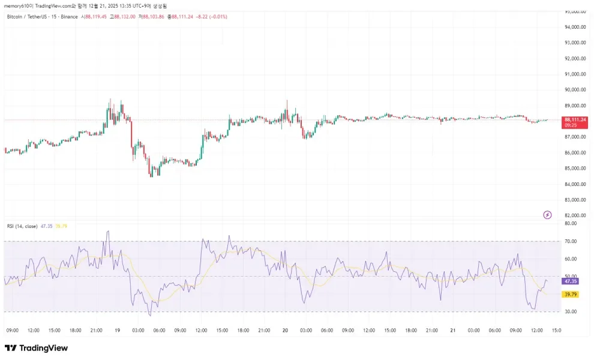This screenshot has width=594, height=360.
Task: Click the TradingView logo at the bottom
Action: [x=36, y=348]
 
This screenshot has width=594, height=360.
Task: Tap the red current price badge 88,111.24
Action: [x=575, y=120]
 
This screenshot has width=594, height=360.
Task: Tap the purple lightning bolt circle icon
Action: [x=547, y=215]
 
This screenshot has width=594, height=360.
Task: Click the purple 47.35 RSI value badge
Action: [x=571, y=281]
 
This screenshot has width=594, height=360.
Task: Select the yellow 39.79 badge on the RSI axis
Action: [x=571, y=295]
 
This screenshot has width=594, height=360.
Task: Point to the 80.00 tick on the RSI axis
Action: [x=571, y=223]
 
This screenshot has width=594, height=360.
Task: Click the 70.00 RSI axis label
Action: [x=571, y=241]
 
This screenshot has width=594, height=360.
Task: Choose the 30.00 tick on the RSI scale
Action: [x=571, y=312]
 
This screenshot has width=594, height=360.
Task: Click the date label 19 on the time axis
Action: [x=118, y=330]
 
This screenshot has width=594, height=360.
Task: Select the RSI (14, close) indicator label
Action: [x=21, y=226]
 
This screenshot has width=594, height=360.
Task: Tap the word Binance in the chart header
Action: [x=69, y=17]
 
